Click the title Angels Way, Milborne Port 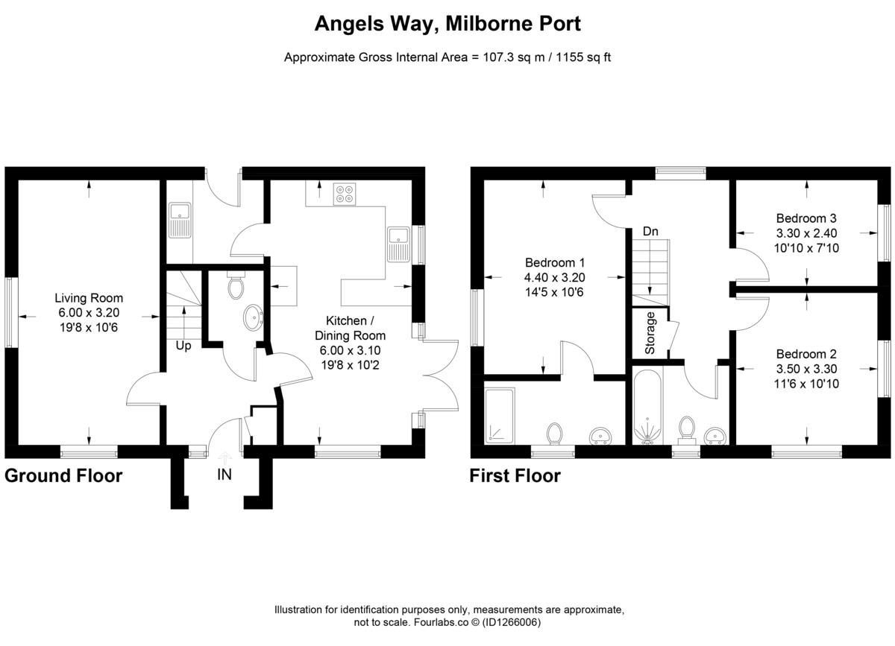click(447, 23)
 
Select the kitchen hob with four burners click(345, 194)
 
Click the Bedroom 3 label click(806, 218)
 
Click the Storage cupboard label click(650, 333)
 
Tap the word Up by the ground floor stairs click(183, 346)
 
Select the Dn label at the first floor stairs click(650, 232)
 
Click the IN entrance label click(224, 475)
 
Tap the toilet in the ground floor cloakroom click(236, 287)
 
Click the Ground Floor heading click(63, 476)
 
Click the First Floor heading click(515, 476)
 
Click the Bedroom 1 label click(555, 262)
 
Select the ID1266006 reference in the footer click(511, 622)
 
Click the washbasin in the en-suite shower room click(600, 434)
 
